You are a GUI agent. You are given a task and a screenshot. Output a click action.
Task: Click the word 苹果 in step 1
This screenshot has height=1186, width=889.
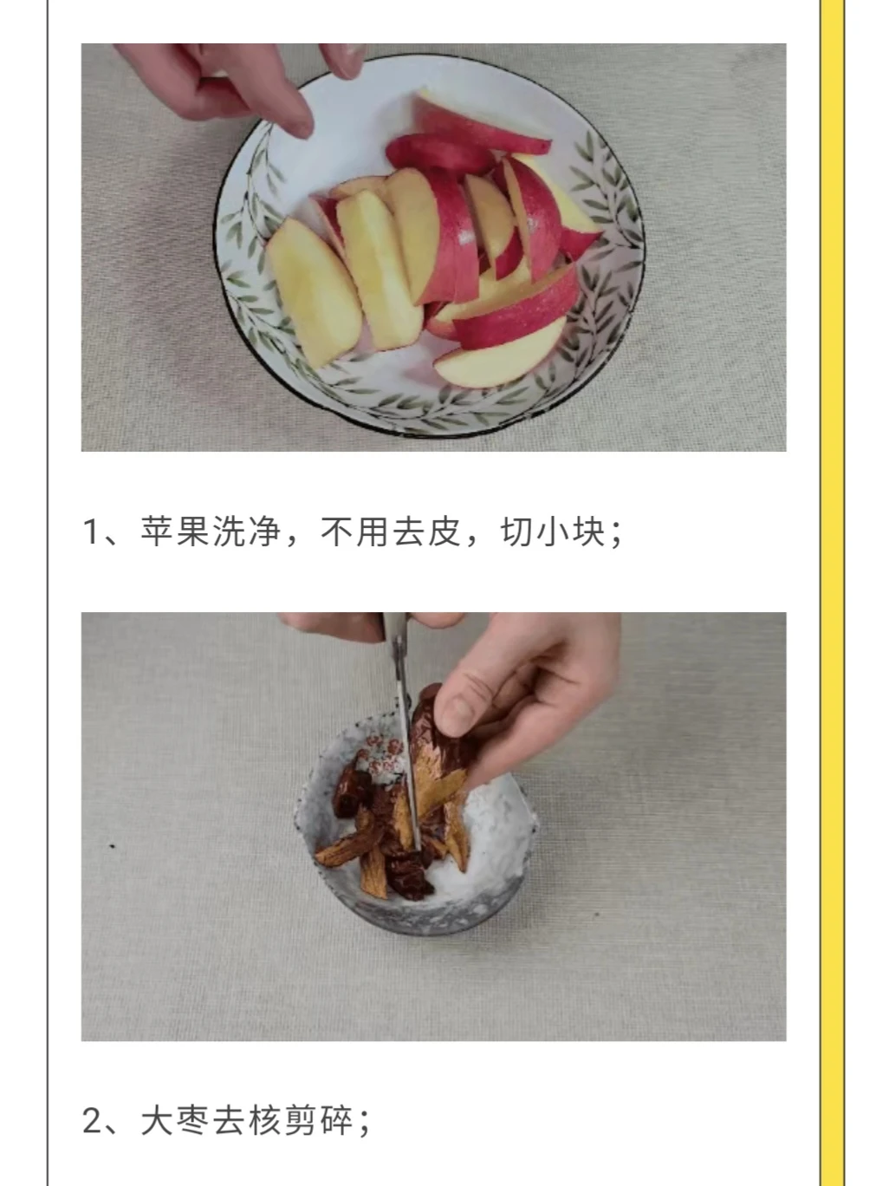click(x=174, y=531)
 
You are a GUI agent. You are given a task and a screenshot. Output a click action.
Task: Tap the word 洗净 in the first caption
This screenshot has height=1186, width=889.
click(x=247, y=531)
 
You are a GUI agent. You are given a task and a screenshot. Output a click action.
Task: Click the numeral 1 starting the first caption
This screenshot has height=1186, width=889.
click(x=90, y=531)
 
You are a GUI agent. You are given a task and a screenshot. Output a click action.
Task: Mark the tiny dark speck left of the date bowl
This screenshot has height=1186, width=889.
click(x=113, y=846)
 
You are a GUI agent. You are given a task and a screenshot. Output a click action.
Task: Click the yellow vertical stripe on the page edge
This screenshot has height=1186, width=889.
click(x=832, y=593)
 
